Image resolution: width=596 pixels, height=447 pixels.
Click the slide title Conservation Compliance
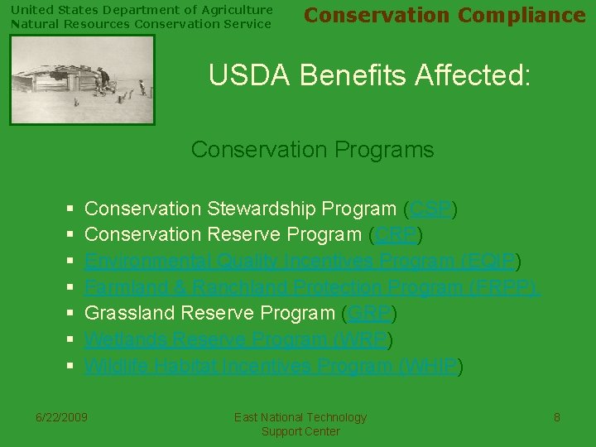pos(445,16)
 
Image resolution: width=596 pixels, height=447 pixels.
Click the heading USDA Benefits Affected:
pos(369,75)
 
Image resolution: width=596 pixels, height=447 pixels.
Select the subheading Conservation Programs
pos(312,150)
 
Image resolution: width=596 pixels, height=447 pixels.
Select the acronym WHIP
pos(430,366)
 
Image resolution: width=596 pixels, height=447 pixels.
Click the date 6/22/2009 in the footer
pos(62,417)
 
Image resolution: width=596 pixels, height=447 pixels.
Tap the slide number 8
pos(557,417)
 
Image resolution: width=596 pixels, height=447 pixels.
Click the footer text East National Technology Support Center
pos(300,425)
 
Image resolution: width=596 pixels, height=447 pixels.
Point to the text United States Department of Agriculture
pos(142,10)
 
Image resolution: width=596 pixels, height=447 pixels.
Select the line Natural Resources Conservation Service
pos(141,24)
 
